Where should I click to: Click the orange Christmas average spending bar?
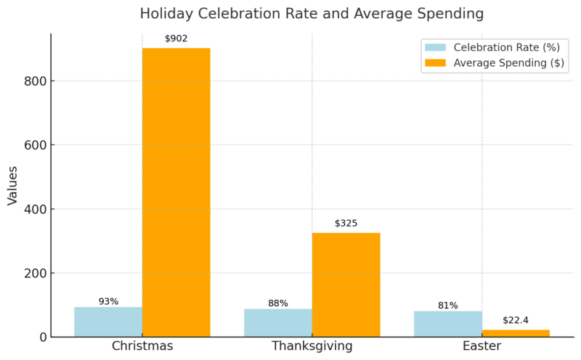pyautogui.click(x=176, y=192)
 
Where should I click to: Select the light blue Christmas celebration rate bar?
pyautogui.click(x=108, y=322)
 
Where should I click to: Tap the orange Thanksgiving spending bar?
pyautogui.click(x=346, y=285)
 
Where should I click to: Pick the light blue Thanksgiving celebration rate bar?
pyautogui.click(x=278, y=323)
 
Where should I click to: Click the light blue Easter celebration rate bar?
pyautogui.click(x=448, y=324)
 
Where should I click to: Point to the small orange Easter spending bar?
pyautogui.click(x=516, y=333)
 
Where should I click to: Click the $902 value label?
pyautogui.click(x=176, y=38)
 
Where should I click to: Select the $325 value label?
pyautogui.click(x=346, y=224)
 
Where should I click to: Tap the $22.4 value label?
pyautogui.click(x=516, y=320)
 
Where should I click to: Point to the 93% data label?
pyautogui.click(x=108, y=301)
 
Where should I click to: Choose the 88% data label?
pyautogui.click(x=278, y=303)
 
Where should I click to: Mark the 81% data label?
pyautogui.click(x=448, y=306)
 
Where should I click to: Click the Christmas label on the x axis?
pyautogui.click(x=142, y=346)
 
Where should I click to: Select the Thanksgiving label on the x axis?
pyautogui.click(x=312, y=346)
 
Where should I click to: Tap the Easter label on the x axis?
pyautogui.click(x=482, y=346)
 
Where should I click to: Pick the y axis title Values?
pyautogui.click(x=13, y=185)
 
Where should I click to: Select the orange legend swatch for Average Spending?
pyautogui.click(x=434, y=62)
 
